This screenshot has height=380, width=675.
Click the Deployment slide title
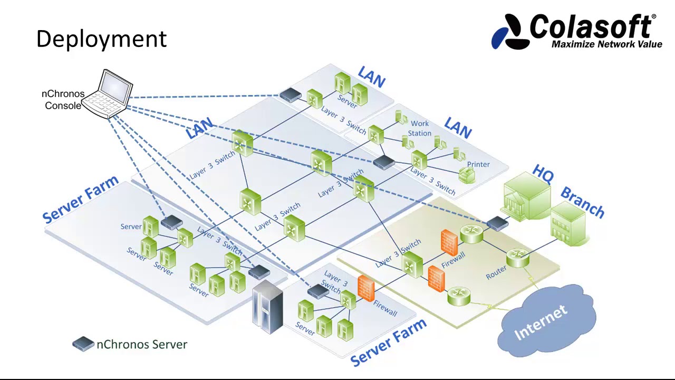[101, 39]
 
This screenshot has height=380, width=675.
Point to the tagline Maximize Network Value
[606, 44]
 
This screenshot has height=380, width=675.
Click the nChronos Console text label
[63, 100]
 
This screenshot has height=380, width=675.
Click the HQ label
[543, 174]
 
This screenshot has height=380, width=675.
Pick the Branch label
[582, 202]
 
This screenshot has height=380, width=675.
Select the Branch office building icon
[567, 226]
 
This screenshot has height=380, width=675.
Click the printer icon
[467, 175]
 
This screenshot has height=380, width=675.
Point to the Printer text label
[478, 164]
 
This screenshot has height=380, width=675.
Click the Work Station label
[420, 128]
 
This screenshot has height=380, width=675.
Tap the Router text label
[496, 272]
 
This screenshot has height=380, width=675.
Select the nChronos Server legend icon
[83, 344]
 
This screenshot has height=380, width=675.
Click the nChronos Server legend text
[141, 345]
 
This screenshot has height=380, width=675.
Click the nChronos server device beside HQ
[497, 224]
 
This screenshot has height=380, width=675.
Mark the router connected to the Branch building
[517, 257]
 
